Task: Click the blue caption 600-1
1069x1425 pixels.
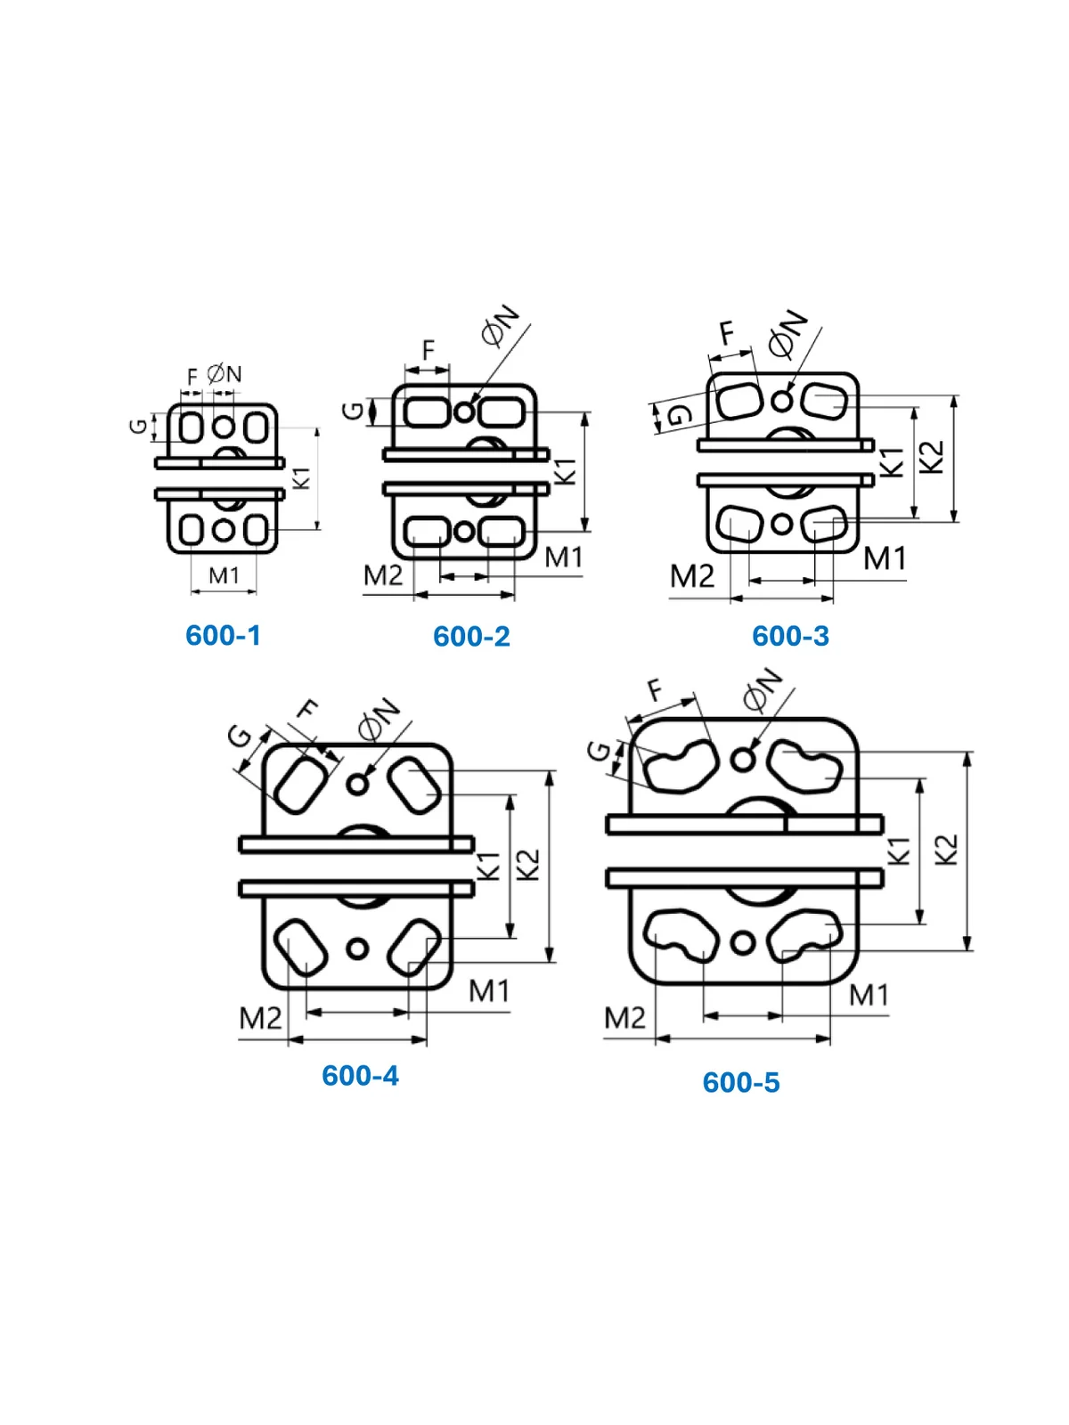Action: (x=223, y=635)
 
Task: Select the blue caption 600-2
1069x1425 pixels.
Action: (x=471, y=636)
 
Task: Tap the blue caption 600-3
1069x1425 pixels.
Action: (x=790, y=636)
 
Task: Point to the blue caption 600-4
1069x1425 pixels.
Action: (x=360, y=1076)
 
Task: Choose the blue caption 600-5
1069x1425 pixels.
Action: (x=741, y=1082)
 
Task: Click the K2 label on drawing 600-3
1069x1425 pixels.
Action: (x=932, y=456)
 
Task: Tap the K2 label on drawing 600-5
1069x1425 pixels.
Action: (x=947, y=849)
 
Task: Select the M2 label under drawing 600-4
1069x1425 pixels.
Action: (x=261, y=1018)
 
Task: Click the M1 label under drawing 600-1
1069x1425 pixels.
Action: (x=224, y=575)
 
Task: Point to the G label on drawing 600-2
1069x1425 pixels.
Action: (x=354, y=411)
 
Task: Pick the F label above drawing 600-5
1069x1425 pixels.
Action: (x=657, y=690)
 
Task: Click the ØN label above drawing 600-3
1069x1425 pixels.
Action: (x=787, y=333)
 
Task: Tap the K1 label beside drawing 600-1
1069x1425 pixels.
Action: (x=303, y=477)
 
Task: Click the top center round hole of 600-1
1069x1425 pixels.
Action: (x=224, y=427)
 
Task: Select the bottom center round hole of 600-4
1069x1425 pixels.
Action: (x=357, y=949)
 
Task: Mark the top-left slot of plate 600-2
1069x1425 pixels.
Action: (x=426, y=411)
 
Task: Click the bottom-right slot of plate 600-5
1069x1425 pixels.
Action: (x=804, y=935)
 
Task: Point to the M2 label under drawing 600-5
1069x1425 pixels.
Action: (x=625, y=1018)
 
